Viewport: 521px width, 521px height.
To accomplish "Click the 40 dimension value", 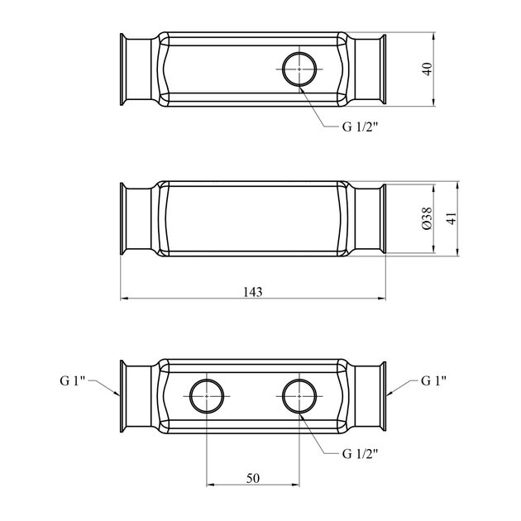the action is click(x=428, y=69).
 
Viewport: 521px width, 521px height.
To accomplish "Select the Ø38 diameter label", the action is click(x=428, y=218).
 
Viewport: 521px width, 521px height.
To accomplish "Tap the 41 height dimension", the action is click(x=452, y=218).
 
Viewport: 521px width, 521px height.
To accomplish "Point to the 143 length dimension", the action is click(x=253, y=292).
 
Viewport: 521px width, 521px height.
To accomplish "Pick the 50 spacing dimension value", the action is click(x=253, y=478).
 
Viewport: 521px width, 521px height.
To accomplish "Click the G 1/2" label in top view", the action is click(x=361, y=127).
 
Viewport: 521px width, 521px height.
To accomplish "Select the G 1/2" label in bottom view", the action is click(x=361, y=453).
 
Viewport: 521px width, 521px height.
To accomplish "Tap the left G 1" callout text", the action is click(x=73, y=380).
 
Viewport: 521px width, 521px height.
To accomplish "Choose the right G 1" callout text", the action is click(x=433, y=380).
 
